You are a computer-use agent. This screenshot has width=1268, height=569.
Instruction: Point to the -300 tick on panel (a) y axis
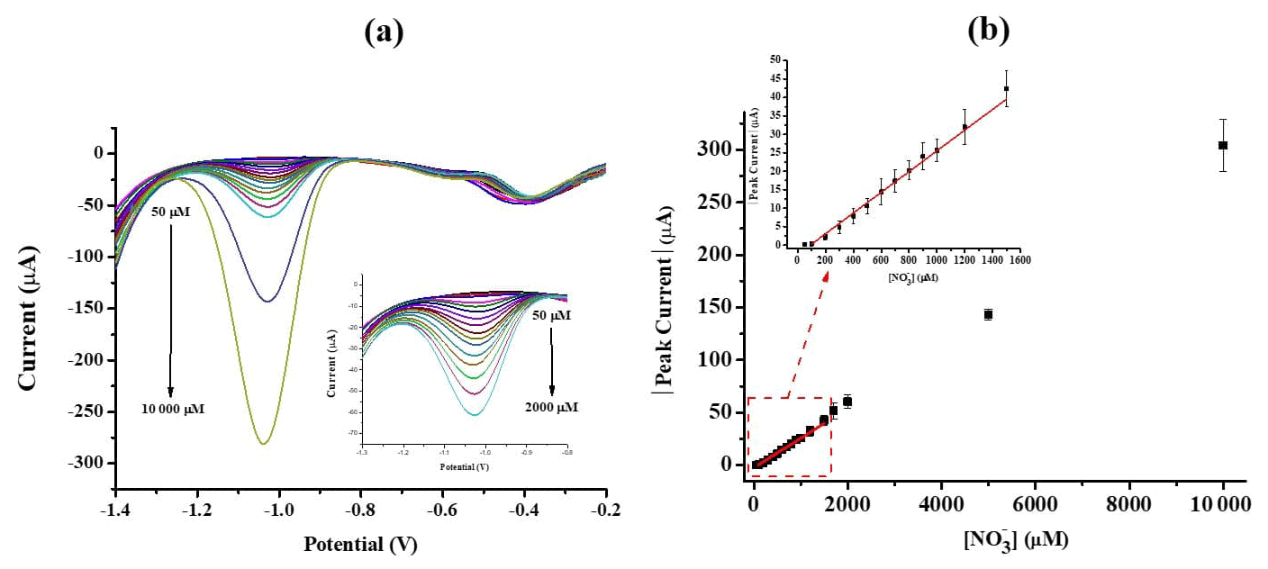click(88, 463)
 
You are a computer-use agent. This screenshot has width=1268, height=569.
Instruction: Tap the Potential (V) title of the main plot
click(360, 545)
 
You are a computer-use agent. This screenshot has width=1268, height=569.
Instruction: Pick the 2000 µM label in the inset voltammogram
click(551, 407)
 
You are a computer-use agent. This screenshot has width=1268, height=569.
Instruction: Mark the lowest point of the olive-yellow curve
click(263, 443)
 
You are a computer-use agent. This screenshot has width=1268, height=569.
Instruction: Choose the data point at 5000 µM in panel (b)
click(988, 314)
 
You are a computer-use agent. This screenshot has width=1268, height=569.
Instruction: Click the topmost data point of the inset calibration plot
click(1006, 88)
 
